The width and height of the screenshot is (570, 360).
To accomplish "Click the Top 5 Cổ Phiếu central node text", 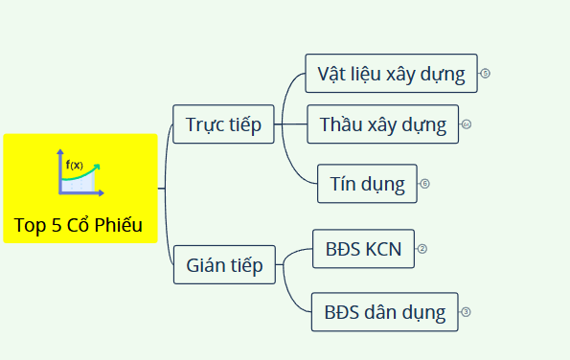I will coord(79,226).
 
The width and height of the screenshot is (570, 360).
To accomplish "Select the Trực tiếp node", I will coord(223,124).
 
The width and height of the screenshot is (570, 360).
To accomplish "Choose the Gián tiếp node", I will coord(225,265).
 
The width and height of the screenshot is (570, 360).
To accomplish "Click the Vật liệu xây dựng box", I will coord(391,74).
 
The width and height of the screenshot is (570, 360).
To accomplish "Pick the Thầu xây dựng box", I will coord(383,124).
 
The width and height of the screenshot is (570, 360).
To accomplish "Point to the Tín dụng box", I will coord(367,183).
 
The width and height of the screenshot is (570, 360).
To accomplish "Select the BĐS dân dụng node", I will coord(384,312).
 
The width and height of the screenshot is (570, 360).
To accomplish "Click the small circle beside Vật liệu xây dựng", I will coord(486,73).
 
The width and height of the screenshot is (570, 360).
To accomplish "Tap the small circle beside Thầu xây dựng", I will coord(467,124).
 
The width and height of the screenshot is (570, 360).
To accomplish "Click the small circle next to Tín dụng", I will coord(424,183).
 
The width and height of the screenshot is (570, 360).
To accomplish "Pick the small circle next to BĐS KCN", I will coord(422,250).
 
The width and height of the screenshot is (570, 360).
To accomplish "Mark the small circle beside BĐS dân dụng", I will coord(466,312).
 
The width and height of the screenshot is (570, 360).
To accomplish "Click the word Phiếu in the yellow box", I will coord(119,226).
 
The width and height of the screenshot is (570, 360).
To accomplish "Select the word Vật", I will coord(333,74).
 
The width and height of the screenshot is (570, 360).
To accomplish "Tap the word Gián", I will coord(206,265).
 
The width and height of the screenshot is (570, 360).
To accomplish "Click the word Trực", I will coord(205,124).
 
